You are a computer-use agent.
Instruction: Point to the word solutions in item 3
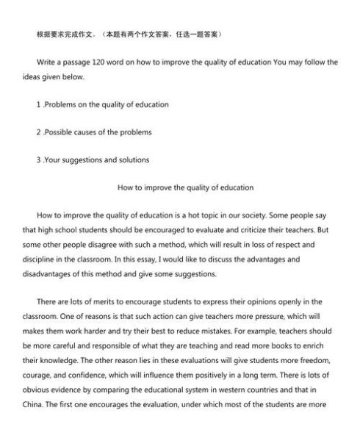pyautogui.click(x=134, y=159)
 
